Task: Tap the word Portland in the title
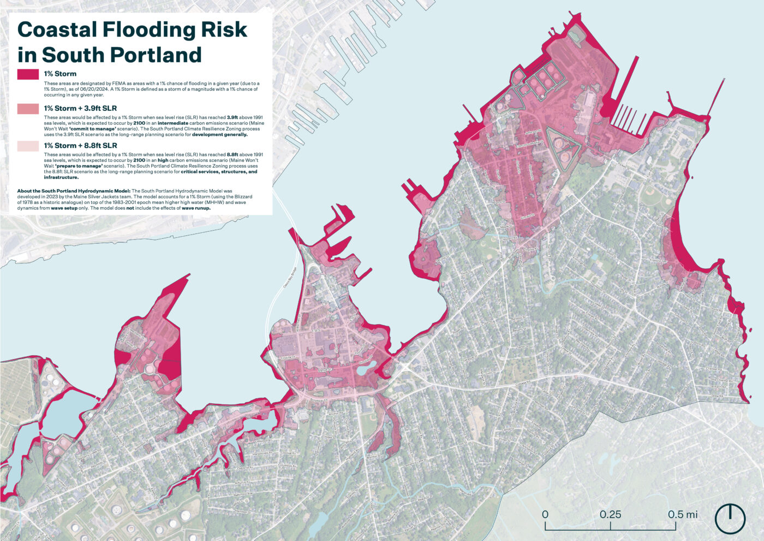click(x=156, y=55)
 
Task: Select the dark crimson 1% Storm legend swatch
click(x=28, y=74)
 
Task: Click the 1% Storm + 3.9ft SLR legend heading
click(x=80, y=108)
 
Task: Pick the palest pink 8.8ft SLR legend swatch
click(x=28, y=146)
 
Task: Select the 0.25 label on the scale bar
click(x=610, y=515)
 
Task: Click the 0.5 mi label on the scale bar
click(x=683, y=515)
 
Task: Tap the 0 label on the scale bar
click(x=545, y=515)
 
